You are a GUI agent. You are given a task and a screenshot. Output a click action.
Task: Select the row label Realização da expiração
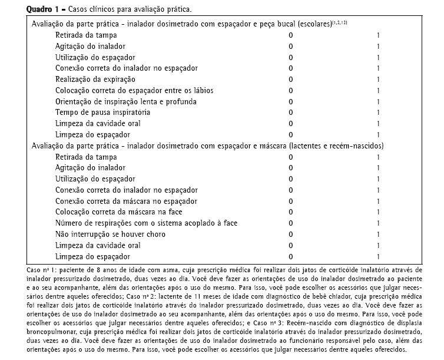click(95, 79)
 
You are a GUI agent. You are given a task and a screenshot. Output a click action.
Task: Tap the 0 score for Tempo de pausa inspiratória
click(290, 112)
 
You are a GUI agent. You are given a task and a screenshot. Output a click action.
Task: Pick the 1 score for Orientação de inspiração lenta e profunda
click(378, 101)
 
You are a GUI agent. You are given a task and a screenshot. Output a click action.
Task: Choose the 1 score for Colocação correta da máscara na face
click(378, 212)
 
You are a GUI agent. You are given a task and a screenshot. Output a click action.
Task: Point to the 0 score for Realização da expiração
click(290, 79)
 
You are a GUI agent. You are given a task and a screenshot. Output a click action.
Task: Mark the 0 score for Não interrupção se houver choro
click(290, 234)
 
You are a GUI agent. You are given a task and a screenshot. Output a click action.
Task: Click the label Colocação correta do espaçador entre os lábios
click(134, 90)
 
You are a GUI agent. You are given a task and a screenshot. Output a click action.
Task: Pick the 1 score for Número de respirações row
click(378, 223)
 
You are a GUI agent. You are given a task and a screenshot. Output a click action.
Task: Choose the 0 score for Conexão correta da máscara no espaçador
click(290, 201)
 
